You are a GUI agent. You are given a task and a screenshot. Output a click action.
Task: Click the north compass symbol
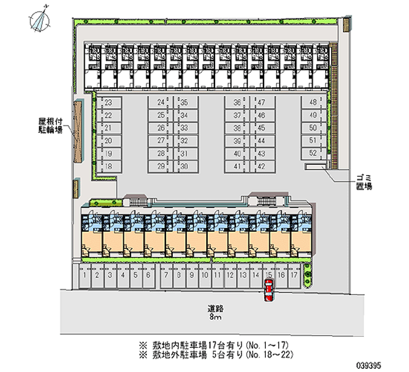40,19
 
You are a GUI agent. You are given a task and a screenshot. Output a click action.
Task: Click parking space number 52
313,152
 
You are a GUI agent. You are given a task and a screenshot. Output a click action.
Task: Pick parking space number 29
161,166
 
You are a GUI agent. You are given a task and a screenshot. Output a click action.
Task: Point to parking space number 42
261,166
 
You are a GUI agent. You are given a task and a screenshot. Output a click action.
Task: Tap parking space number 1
85,275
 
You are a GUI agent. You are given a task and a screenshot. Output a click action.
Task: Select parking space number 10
204,275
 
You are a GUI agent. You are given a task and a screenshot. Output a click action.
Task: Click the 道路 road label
215,309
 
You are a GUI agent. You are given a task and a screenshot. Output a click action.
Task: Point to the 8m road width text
215,317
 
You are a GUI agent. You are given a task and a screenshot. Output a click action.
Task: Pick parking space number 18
108,166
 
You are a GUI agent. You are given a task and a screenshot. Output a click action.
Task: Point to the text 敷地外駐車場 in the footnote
174,353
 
